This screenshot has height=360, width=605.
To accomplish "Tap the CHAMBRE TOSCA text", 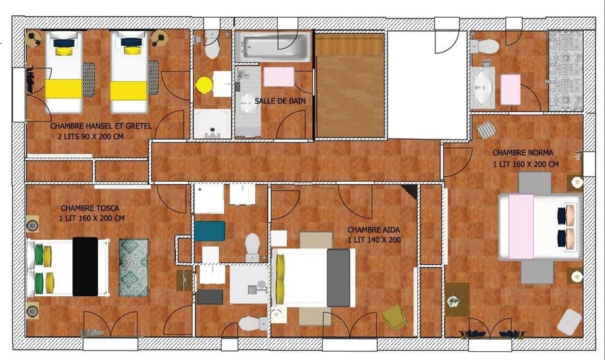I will (90, 208).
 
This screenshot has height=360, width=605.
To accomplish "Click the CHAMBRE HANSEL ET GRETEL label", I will (101, 126).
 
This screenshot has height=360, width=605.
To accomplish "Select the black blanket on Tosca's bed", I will (85, 266).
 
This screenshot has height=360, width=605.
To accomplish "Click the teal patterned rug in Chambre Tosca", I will (133, 267).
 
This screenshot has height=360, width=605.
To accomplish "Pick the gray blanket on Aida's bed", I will (338, 278).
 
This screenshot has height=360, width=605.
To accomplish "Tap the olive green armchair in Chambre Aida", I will (395, 316).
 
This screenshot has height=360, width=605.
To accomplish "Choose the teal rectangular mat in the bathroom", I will (209, 231).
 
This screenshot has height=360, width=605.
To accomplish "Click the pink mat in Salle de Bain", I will (279, 76).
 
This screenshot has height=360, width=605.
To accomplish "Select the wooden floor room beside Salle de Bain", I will (349, 85).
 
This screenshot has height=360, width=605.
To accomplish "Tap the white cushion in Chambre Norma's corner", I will (569, 322).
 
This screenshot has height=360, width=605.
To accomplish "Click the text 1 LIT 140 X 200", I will (374, 240).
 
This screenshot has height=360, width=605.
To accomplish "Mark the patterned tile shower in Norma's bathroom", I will (565, 71).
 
